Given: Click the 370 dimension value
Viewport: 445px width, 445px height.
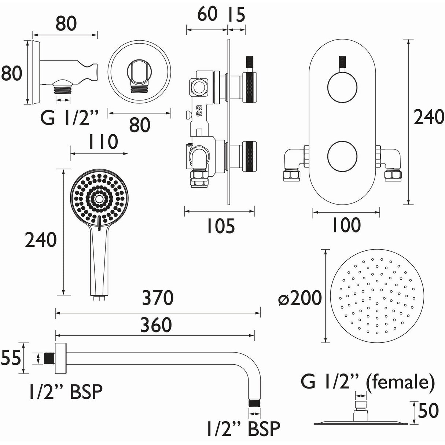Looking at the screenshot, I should (x=158, y=298).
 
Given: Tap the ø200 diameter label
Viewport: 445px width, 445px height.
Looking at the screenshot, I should (x=299, y=298).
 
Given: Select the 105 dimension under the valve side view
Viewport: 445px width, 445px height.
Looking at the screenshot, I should (x=220, y=226).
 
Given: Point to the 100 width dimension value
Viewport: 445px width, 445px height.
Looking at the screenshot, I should (x=346, y=225).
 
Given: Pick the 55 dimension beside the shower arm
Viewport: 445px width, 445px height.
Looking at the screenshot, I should (x=10, y=358).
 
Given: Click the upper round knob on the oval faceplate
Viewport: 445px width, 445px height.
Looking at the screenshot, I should (x=341, y=87).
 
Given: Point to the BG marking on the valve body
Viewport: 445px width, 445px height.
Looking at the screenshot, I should (x=199, y=110).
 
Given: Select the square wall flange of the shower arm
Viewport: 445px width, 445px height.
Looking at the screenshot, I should (x=60, y=358).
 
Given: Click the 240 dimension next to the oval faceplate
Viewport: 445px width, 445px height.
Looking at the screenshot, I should (x=429, y=117).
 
